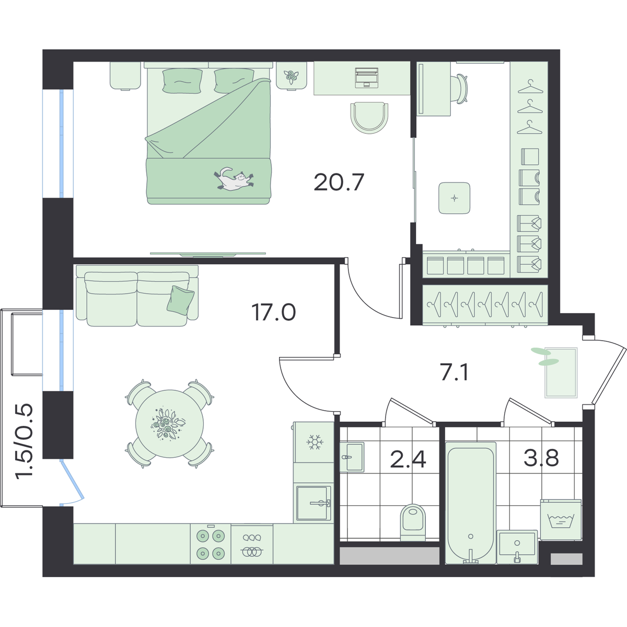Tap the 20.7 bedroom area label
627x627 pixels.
(x=339, y=182)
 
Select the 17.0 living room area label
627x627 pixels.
(x=274, y=312)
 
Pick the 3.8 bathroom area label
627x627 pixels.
(x=541, y=457)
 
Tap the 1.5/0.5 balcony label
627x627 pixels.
(x=25, y=441)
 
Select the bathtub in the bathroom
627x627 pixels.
(x=470, y=502)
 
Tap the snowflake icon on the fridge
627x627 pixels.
(x=315, y=442)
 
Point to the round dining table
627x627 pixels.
(x=169, y=424)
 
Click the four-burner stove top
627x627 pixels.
(x=211, y=543)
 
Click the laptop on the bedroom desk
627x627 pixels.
(x=367, y=77)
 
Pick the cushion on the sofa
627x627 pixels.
(x=180, y=299)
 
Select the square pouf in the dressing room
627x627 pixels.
(x=454, y=198)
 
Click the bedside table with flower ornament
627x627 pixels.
(x=292, y=75)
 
